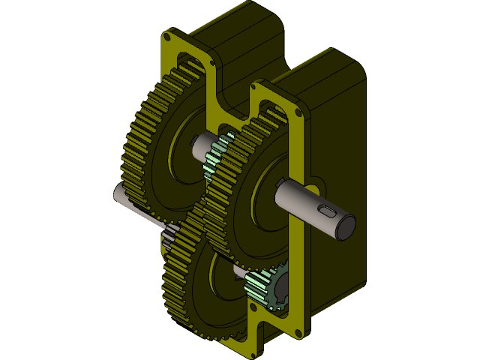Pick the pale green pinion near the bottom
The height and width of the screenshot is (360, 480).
pos(258,286)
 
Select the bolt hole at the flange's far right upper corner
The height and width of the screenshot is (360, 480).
pos(298,112)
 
